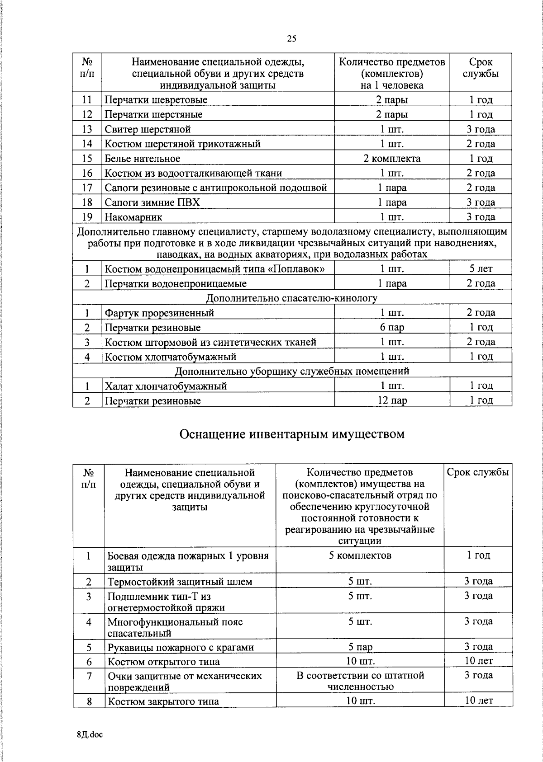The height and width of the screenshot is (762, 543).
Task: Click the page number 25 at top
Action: point(291,39)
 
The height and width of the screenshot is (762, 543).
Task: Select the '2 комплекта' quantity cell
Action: point(392,159)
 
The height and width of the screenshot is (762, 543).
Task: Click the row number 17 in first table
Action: point(87,188)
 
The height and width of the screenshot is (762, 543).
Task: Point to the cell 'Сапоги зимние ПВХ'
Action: point(152,202)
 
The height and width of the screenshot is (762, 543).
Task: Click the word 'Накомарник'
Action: point(133,217)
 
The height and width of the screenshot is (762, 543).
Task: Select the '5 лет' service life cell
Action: point(481,269)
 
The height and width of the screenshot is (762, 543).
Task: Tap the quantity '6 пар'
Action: point(392,327)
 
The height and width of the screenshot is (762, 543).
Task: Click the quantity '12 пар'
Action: point(392,400)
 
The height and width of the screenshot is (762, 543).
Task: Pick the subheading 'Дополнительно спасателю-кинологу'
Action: point(292,298)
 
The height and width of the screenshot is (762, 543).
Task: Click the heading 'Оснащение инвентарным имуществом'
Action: point(292,434)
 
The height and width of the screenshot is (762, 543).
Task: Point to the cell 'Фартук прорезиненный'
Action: point(159,313)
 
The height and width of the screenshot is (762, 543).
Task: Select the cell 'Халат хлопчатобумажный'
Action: point(166,386)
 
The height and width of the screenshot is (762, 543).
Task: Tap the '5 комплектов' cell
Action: point(360,555)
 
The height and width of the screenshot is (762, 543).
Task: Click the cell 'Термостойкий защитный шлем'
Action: point(180,582)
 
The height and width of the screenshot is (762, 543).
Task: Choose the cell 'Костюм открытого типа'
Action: point(164,662)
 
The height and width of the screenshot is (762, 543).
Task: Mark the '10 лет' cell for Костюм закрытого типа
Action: point(479,701)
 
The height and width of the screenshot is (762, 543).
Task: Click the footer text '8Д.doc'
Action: point(90,734)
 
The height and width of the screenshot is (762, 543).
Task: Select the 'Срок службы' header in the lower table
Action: point(478,472)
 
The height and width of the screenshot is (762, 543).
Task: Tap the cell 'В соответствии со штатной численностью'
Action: point(360,681)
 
